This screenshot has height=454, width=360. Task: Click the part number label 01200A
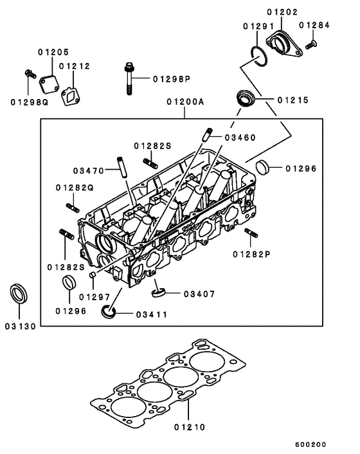point(185,102)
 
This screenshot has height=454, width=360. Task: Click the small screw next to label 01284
point(311,45)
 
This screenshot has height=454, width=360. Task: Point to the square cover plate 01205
point(47,84)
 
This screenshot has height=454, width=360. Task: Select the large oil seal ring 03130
point(20,293)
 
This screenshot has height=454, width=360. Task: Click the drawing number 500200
point(311,444)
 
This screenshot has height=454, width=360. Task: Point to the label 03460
point(240,138)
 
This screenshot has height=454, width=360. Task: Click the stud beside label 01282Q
point(73,207)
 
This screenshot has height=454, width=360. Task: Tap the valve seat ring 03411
point(109,313)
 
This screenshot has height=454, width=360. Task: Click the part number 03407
point(199,294)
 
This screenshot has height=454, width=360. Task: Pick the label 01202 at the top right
point(282,11)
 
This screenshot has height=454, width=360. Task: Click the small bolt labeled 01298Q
point(29,75)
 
